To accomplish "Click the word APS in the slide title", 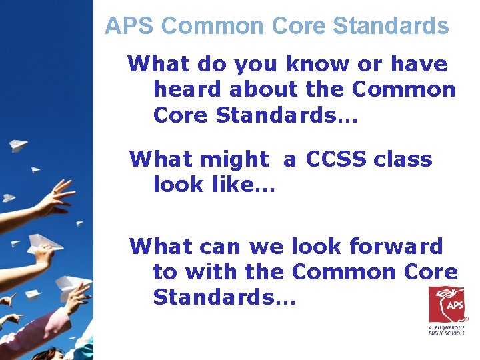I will [130, 26].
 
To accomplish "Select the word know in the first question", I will [315, 64].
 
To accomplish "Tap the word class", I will [403, 159].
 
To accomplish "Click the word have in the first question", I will [420, 64].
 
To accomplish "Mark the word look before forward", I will [315, 247].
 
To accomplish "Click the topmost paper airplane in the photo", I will [20, 145].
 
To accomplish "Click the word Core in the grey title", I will [299, 26].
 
